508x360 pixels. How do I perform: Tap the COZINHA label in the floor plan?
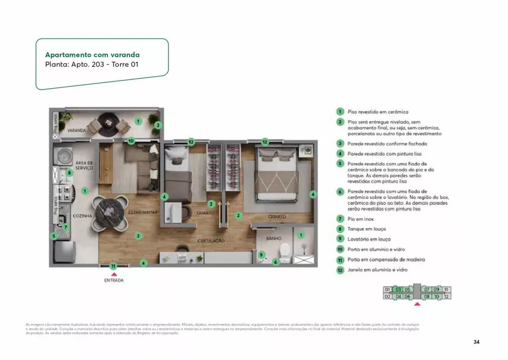point(82,216)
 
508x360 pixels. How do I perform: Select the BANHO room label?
point(273,238)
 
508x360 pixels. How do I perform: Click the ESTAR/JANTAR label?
point(144,212)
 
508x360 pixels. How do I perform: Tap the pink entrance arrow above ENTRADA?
point(113,274)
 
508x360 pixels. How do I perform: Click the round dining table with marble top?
point(108,208)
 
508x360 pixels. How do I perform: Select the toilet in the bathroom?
point(285,250)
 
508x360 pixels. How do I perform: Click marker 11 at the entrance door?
point(113,265)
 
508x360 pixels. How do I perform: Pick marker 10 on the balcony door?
point(131,141)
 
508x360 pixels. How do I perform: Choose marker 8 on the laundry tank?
point(70,173)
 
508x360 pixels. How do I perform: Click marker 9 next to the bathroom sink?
point(262,255)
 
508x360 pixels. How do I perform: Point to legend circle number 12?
point(339,270)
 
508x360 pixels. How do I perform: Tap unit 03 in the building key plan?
point(399,289)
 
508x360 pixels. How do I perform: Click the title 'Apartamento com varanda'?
point(92,54)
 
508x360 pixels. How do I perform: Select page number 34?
point(476,342)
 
